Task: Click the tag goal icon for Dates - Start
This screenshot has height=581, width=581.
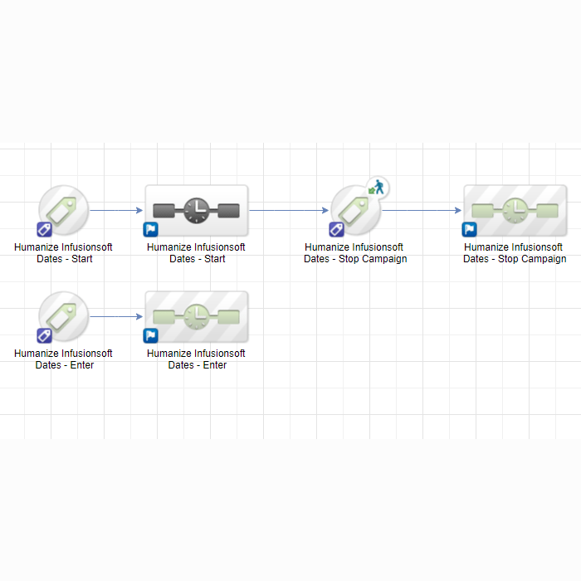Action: click(x=63, y=210)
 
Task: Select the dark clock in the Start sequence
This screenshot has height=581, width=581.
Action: click(x=197, y=211)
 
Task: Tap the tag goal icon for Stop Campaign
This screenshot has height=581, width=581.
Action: click(x=355, y=210)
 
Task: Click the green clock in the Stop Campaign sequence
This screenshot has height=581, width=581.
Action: click(x=515, y=211)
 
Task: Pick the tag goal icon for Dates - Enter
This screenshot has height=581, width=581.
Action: click(x=63, y=316)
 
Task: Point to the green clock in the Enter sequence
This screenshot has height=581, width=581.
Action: click(x=197, y=317)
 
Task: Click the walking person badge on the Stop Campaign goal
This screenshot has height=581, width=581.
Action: click(x=377, y=188)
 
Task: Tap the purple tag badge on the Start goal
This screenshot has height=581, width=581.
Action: click(x=44, y=229)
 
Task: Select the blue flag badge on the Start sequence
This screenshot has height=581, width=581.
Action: click(x=150, y=229)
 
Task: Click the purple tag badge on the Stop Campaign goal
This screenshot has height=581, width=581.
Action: click(x=336, y=229)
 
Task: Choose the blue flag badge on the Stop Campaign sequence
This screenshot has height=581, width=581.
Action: click(x=469, y=229)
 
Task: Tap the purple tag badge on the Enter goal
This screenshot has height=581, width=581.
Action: click(x=44, y=335)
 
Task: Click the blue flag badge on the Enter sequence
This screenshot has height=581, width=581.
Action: click(x=150, y=335)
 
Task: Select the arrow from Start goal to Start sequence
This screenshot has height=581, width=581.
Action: click(x=116, y=211)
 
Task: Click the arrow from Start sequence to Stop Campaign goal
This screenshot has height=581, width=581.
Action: click(x=289, y=211)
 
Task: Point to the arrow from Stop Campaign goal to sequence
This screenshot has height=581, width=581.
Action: click(x=422, y=211)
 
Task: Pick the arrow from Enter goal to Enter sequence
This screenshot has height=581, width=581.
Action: click(x=116, y=317)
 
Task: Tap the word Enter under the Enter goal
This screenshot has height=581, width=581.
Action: click(x=82, y=365)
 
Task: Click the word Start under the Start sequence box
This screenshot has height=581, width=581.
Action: click(x=214, y=259)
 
